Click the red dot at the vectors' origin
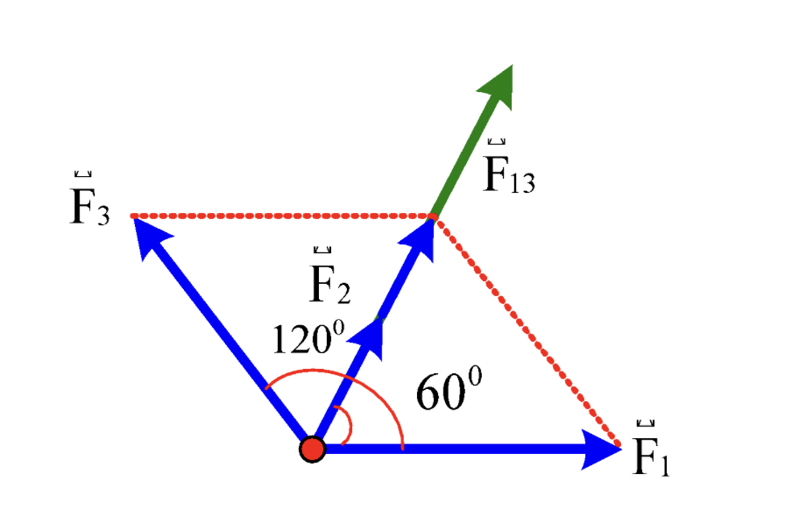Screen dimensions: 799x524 pos(312,449)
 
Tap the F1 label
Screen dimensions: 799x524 pos(651,449)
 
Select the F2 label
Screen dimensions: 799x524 pos(330,276)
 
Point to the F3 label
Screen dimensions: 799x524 pos(89,199)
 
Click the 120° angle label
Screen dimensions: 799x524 pos(308,337)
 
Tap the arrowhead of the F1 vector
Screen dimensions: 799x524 pos(602,449)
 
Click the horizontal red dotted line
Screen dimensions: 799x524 pos(282,216)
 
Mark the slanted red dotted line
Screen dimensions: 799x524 pos(527,331)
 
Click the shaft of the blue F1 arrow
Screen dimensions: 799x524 pos(454,449)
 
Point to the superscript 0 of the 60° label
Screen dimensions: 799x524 pos(475,377)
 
